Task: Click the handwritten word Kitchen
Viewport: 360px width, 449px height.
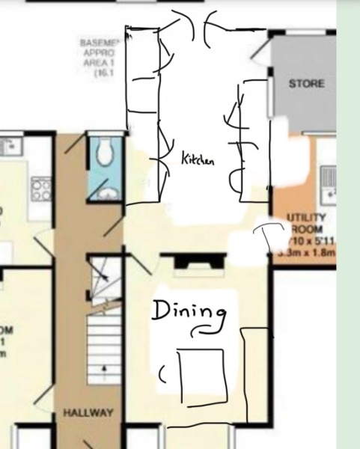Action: point(198,159)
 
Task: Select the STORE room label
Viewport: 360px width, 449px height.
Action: point(307,84)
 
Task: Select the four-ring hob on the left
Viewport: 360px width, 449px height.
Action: point(40,188)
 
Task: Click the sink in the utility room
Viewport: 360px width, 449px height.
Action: point(327,183)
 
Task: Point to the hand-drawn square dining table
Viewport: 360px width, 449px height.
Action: point(203,373)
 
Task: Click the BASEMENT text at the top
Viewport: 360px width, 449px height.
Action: point(100,43)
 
